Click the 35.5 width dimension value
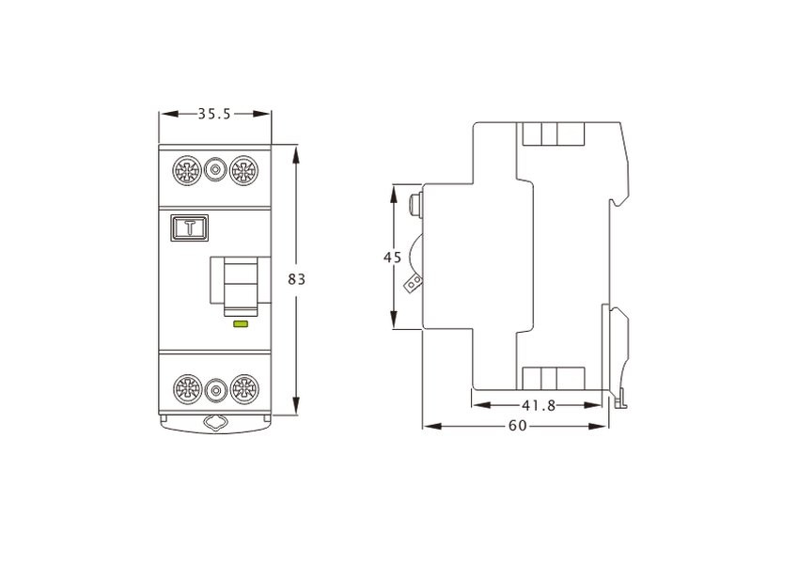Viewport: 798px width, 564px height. click(x=214, y=114)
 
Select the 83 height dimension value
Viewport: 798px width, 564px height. click(x=297, y=279)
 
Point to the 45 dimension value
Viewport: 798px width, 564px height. click(x=392, y=258)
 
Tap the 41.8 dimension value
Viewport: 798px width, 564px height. click(x=539, y=406)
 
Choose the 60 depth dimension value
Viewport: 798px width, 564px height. click(x=518, y=426)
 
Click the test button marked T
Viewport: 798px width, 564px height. click(x=189, y=227)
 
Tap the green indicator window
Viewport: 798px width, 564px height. click(x=241, y=323)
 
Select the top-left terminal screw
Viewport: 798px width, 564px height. click(x=188, y=170)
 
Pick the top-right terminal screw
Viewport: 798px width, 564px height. click(x=243, y=170)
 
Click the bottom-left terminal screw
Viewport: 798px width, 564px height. click(x=188, y=390)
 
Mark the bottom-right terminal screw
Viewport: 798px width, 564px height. click(x=244, y=390)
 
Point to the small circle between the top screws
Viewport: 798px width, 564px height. click(x=215, y=169)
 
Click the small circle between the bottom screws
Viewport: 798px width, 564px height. click(x=216, y=390)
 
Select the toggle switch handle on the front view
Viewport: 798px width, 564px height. click(x=241, y=286)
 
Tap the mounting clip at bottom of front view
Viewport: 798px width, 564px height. click(x=215, y=424)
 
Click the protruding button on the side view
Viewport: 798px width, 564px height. click(x=416, y=205)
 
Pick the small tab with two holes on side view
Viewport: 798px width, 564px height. click(x=414, y=284)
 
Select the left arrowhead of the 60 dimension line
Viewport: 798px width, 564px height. click(x=432, y=426)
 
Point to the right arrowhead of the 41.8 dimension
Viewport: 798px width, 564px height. click(x=593, y=406)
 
